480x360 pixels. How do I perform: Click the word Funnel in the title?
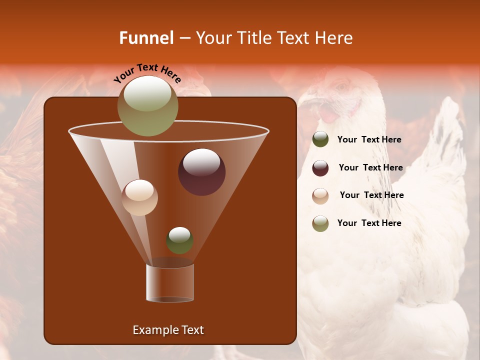pos(146,38)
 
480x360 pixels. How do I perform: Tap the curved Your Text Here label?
pos(147,73)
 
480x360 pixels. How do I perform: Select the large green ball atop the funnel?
pos(147,105)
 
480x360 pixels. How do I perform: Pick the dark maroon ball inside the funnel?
pos(201,172)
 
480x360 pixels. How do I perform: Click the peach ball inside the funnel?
pos(139,197)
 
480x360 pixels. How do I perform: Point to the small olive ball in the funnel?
pos(179,240)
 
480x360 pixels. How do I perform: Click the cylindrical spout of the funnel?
pos(170,282)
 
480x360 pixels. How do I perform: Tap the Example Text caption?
pos(168,330)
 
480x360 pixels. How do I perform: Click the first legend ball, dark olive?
pos(320,139)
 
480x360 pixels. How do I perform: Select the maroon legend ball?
pos(320,168)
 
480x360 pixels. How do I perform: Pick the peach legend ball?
pos(320,195)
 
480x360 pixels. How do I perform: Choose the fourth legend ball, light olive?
pos(320,223)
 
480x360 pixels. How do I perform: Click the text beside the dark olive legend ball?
pos(369,140)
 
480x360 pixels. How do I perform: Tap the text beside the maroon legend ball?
pos(370,168)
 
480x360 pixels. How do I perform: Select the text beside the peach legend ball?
pos(371,195)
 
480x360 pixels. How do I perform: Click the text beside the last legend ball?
pos(369,223)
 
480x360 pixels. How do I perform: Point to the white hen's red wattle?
pos(328,114)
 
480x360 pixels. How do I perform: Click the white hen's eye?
pos(342,88)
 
